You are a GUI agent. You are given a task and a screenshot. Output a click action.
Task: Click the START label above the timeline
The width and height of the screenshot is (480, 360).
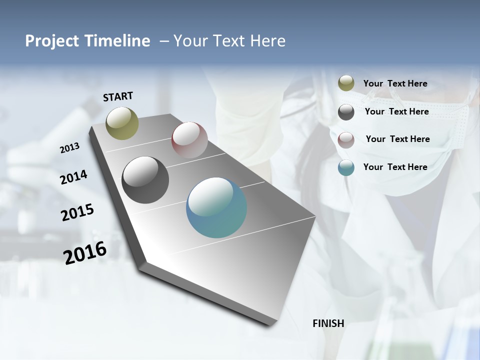point(118,96)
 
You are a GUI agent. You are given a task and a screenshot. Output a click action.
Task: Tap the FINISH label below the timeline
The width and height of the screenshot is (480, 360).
point(328,323)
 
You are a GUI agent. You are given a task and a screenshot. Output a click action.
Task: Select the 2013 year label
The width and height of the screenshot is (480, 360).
point(69,148)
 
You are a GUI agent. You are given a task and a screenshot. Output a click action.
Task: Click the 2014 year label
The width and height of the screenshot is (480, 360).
point(73,177)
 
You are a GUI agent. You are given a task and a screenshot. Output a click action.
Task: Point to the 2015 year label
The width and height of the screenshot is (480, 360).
point(77,212)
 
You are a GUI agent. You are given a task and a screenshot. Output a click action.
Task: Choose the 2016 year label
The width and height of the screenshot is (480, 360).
point(85,252)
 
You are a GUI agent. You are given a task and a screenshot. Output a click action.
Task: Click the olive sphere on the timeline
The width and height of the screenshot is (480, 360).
point(122,123)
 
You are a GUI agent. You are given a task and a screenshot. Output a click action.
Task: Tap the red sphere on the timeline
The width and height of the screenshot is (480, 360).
point(189,140)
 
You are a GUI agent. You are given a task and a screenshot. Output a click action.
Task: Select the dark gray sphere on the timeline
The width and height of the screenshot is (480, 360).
point(145,180)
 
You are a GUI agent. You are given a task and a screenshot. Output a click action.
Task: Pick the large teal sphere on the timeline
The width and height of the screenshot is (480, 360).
point(216,207)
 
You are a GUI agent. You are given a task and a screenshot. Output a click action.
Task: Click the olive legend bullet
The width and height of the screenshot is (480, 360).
point(346,83)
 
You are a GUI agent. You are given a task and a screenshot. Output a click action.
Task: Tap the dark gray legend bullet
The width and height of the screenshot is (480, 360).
point(346,112)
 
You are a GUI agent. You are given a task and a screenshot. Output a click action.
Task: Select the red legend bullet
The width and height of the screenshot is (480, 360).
point(346,140)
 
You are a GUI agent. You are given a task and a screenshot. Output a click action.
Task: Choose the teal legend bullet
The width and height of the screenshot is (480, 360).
point(346,167)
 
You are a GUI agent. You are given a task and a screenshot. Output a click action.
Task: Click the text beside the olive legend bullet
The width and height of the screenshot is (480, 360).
point(395,83)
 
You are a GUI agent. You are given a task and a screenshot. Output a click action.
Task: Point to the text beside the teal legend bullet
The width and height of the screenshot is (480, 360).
point(395,167)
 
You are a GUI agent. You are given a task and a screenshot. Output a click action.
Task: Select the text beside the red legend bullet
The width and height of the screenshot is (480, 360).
point(397,139)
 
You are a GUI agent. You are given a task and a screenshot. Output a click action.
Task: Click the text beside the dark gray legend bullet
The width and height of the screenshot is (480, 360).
point(396,111)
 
